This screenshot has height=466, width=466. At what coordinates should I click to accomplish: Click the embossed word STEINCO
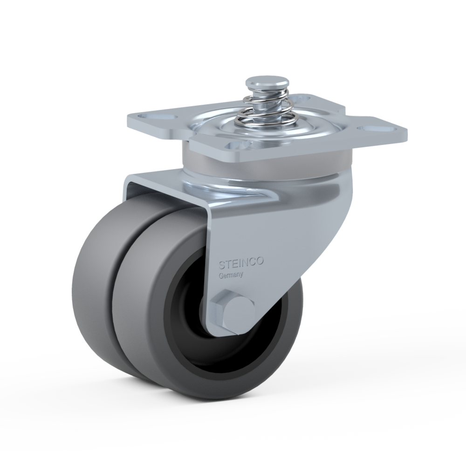(241, 263)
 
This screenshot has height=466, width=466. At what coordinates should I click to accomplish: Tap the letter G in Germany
(221, 276)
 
